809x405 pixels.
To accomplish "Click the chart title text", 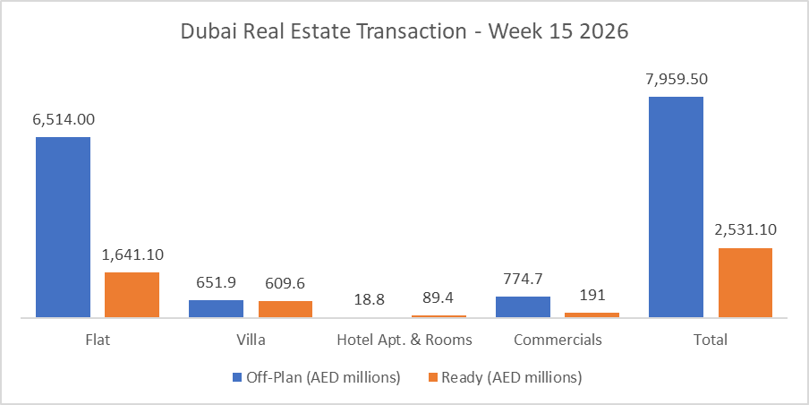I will (404, 31).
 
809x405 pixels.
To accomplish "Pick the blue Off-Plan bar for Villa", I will (216, 308).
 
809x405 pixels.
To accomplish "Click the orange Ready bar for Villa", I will (285, 309).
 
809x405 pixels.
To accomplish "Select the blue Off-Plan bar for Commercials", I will (523, 306).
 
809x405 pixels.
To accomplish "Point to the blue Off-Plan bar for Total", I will (676, 206).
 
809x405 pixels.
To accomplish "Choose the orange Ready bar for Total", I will (745, 282).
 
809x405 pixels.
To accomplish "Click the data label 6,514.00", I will (63, 119).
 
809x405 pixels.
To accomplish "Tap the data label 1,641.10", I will (132, 254).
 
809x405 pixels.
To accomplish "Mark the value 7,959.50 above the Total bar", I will (676, 79).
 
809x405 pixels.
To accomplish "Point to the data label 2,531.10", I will (745, 230).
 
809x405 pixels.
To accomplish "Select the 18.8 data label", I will (370, 297).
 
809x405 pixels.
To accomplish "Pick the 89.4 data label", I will (439, 297).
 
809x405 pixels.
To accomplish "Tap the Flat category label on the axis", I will (98, 340).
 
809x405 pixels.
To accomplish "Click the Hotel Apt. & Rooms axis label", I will (404, 340).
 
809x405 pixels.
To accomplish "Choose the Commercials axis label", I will (558, 340).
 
